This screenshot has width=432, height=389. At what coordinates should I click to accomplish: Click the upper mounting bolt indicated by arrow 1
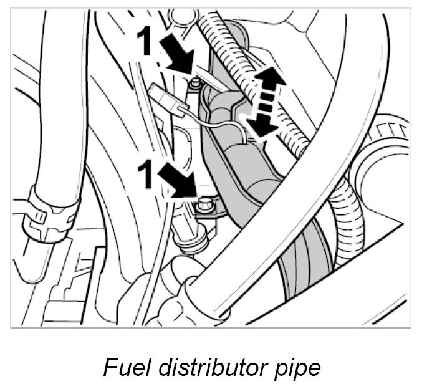point(197,83)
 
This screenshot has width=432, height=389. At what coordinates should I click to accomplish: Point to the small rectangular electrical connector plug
point(159,95)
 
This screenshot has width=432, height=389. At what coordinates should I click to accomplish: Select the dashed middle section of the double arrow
point(264,102)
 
